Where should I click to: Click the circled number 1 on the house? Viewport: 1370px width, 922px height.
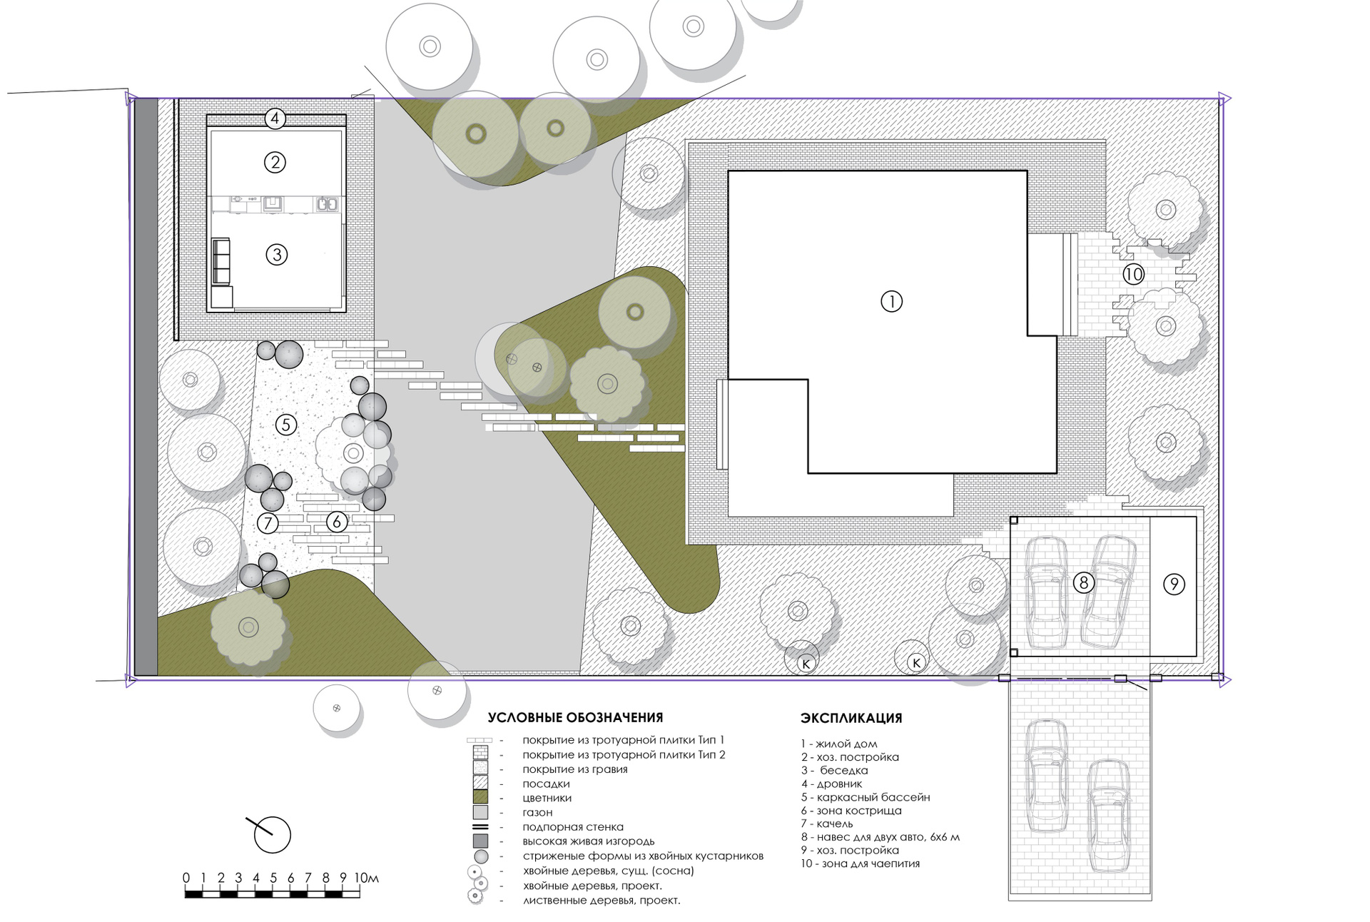coord(891,301)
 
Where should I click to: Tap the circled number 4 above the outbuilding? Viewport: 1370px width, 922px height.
coord(275,118)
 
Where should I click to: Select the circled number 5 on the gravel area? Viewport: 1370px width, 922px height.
coord(285,425)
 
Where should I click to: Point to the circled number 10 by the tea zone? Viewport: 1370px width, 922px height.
coord(1133,274)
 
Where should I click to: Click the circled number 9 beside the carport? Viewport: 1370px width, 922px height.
coord(1174,584)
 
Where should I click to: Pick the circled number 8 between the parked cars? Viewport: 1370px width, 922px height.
coord(1083,583)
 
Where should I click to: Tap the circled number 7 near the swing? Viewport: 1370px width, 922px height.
coord(268,523)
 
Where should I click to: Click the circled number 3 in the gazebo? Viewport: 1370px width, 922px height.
coord(277,254)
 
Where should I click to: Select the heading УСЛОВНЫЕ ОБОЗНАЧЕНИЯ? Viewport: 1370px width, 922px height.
coord(575,718)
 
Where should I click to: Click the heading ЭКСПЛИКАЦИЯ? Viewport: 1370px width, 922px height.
coord(851,718)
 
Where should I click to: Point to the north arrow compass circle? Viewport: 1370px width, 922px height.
coord(273,835)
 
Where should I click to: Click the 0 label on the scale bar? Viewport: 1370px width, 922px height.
coord(186,878)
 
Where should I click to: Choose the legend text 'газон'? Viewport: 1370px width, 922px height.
coord(537,812)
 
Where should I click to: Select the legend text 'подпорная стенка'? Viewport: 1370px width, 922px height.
coord(573,827)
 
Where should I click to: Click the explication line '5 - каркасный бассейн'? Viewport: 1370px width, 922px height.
coord(866,797)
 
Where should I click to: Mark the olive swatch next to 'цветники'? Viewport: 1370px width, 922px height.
coord(480,797)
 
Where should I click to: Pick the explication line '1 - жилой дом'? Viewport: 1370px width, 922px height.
coord(839,744)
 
